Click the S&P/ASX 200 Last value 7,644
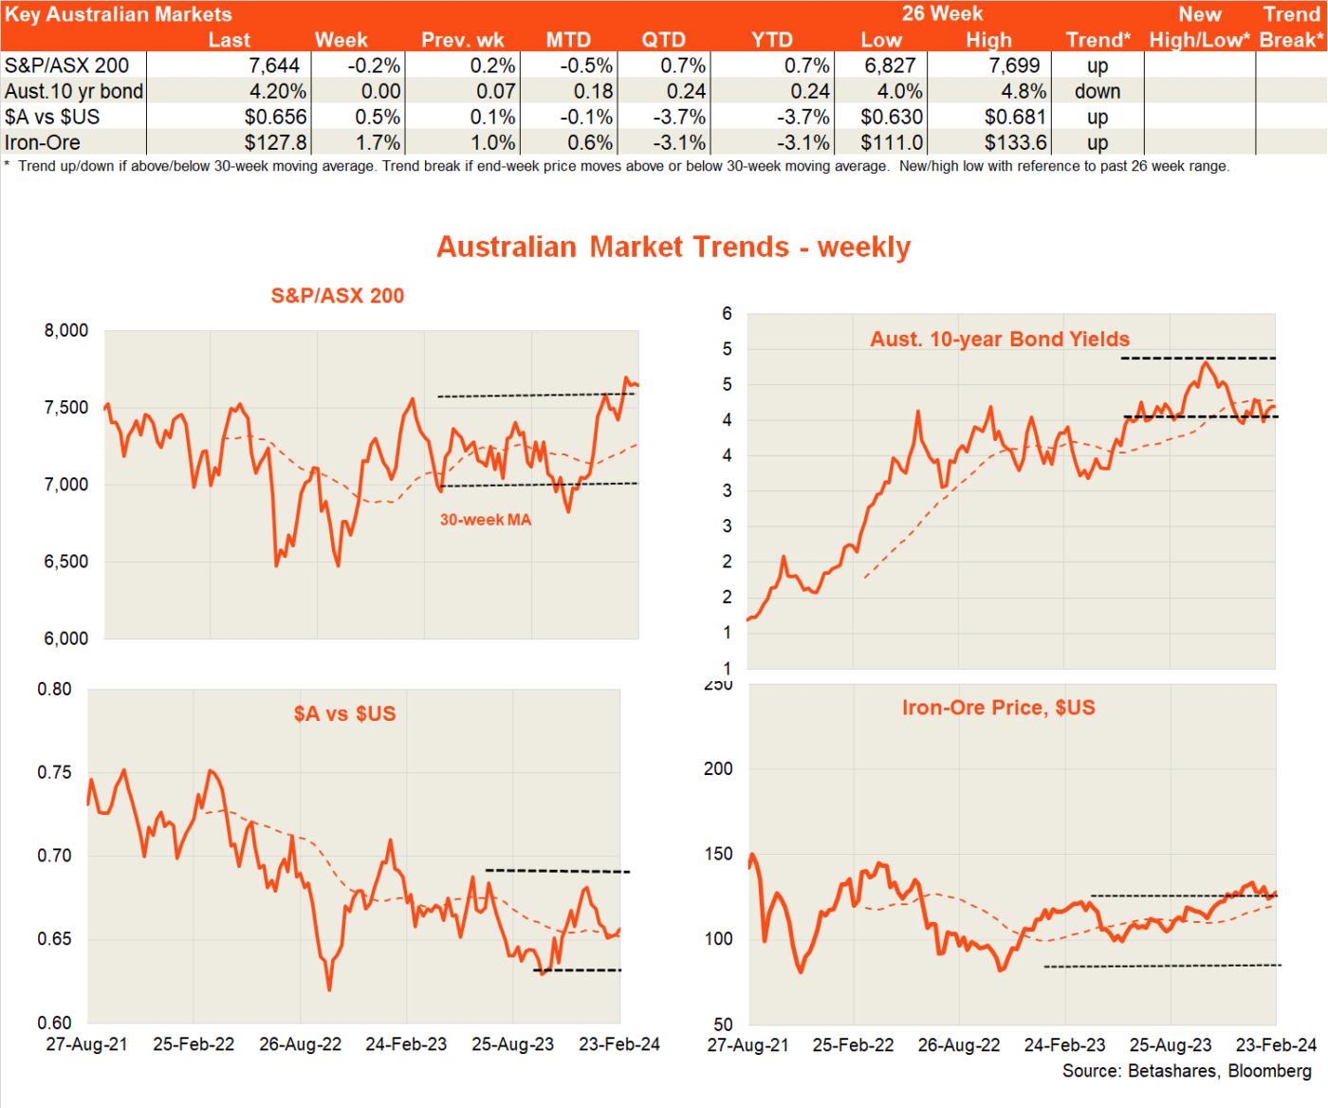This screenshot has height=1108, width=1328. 274,65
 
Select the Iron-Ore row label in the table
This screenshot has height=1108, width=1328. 43,142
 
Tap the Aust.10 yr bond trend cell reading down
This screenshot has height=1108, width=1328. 1097,91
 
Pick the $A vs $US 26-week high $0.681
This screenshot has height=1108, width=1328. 1015,117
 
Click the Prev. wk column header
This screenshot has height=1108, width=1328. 463,40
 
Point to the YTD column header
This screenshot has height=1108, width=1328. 771,40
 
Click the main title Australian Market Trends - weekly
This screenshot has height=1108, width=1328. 673,247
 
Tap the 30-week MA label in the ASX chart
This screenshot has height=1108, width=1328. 486,520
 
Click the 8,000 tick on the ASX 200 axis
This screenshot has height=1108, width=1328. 66,330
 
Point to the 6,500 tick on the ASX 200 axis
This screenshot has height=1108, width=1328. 66,562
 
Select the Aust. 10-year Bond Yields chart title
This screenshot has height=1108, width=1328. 1000,339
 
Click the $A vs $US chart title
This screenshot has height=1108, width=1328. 344,713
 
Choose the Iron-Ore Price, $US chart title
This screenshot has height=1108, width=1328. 998,708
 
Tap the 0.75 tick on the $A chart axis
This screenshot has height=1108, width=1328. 54,772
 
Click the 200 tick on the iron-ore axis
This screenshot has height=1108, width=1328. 718,768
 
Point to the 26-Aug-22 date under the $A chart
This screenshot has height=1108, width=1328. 300,1044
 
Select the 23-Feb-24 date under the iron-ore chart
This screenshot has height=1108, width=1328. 1276,1044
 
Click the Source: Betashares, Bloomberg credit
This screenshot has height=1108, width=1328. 1187,1071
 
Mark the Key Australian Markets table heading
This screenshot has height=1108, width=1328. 119,14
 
